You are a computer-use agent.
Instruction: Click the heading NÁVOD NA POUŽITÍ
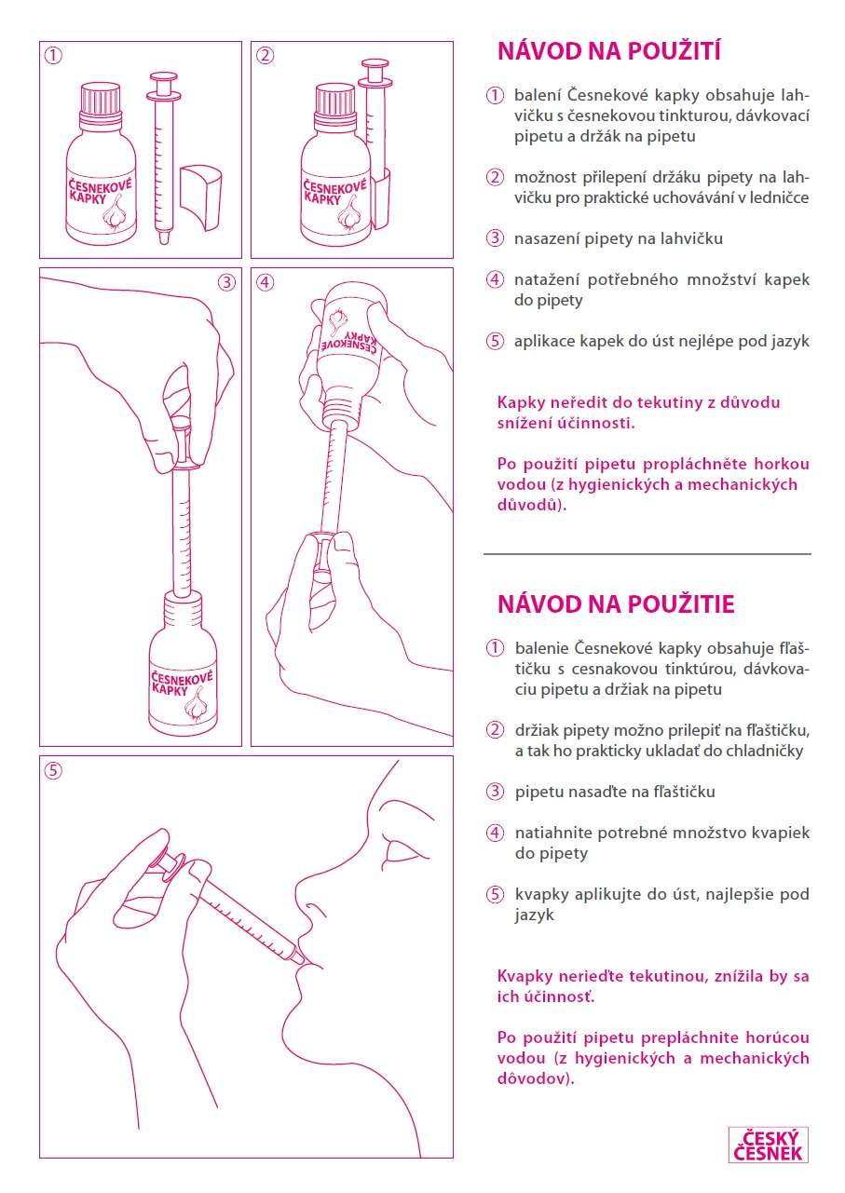609,50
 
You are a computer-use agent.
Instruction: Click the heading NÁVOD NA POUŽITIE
616,604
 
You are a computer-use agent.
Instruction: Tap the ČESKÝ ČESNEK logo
768,1145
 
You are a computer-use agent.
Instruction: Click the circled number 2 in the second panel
266,55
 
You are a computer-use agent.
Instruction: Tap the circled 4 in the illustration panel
266,281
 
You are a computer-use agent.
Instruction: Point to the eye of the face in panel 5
406,849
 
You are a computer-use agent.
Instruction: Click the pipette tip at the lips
296,955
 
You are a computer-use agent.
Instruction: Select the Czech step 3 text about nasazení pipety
618,238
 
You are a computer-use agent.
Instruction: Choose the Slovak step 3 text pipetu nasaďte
615,792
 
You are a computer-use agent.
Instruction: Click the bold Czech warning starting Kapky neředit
638,412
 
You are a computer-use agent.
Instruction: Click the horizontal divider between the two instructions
647,554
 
